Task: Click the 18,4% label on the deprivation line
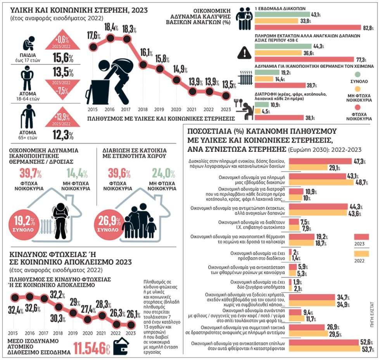click(x=111, y=28)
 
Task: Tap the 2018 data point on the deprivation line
click(x=143, y=65)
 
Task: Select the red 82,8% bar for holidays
click(x=308, y=28)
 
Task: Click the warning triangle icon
click(x=245, y=53)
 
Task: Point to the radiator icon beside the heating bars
click(x=245, y=78)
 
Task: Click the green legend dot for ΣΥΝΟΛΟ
click(x=358, y=74)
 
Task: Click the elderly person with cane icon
click(x=28, y=117)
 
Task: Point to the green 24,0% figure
click(x=164, y=173)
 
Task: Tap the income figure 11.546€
click(x=92, y=348)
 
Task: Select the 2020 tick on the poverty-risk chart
click(x=87, y=333)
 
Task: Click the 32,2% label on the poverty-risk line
click(x=57, y=295)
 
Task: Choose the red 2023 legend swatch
click(x=361, y=237)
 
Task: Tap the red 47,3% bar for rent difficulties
click(x=320, y=161)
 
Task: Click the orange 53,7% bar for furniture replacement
click(x=325, y=349)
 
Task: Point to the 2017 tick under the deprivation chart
click(x=126, y=110)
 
